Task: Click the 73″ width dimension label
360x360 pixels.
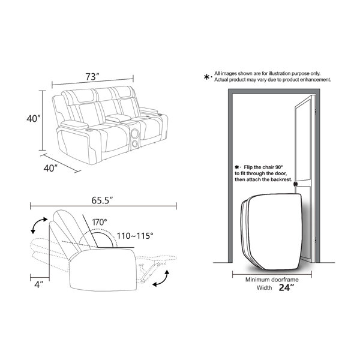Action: pos(92,77)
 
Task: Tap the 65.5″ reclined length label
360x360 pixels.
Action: pos(102,200)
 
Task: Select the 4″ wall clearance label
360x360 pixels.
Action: pos(39,284)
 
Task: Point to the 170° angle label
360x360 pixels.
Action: pos(100,222)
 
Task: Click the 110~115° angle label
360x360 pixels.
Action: pos(135,236)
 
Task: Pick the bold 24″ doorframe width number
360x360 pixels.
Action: pos(286,287)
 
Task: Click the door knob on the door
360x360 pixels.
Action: pos(295,184)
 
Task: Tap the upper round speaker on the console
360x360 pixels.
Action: pos(134,133)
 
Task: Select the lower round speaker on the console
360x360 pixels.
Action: pos(135,144)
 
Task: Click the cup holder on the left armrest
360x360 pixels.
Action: pos(89,130)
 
